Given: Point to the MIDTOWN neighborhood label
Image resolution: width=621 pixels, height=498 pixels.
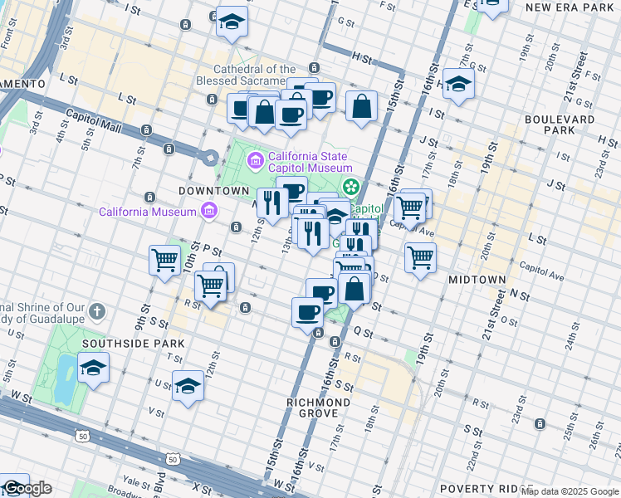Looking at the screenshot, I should pyautogui.click(x=477, y=281).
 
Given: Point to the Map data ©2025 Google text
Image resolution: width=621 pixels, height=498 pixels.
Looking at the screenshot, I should pyautogui.click(x=570, y=492).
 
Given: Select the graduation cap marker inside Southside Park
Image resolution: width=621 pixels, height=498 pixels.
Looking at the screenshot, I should pyautogui.click(x=93, y=367).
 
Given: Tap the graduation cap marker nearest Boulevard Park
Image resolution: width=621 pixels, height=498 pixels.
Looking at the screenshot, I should pyautogui.click(x=457, y=84).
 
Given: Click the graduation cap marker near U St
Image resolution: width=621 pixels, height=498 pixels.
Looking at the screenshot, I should pyautogui.click(x=188, y=386).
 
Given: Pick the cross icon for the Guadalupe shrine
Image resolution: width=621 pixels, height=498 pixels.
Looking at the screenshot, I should pyautogui.click(x=97, y=312).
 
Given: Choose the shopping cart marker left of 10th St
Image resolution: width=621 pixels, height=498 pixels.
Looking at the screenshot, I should pyautogui.click(x=164, y=260).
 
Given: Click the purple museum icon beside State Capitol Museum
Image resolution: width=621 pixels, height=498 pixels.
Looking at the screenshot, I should pyautogui.click(x=255, y=159).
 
